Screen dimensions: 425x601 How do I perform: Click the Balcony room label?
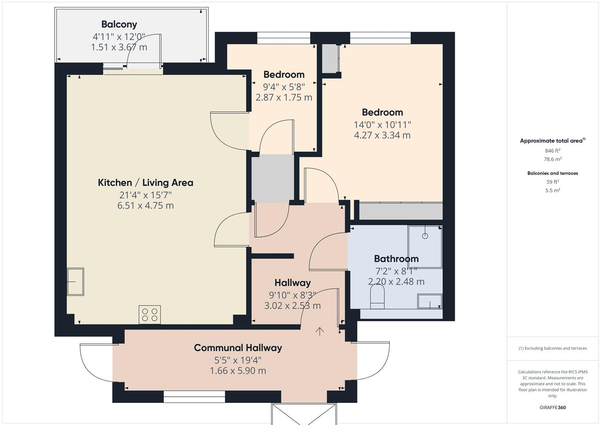coord(119,24)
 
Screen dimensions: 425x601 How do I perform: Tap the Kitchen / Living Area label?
coord(145,183)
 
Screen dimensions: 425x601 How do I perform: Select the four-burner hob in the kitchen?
coord(150,314)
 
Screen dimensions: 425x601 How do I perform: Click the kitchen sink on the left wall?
coord(75,282)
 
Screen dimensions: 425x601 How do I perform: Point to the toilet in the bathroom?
coord(377,297)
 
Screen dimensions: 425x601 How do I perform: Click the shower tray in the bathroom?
coord(425,247)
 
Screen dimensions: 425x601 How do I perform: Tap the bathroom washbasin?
coord(429,301)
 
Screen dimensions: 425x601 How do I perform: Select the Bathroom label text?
coord(396,259)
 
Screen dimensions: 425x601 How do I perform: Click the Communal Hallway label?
coord(238,348)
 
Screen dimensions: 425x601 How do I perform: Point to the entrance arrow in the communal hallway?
coord(320,331)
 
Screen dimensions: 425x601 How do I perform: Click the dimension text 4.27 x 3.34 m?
coord(382,135)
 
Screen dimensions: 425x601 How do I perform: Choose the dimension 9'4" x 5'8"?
coord(284,86)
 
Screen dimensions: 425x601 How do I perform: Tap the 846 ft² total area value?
coord(553,151)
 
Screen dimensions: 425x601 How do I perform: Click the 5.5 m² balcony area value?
coord(553,190)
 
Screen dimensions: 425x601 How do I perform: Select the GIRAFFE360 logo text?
coord(553,408)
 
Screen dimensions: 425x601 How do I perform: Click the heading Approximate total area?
coord(552,140)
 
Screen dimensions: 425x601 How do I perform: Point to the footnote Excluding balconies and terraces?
coord(553,348)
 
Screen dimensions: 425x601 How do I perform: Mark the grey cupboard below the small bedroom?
coord(273,178)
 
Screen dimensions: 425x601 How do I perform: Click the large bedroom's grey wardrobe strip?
coord(401,211)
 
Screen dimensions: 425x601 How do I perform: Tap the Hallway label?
coord(292,283)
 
